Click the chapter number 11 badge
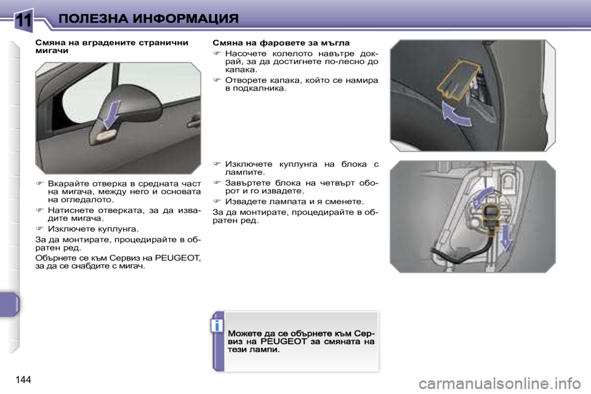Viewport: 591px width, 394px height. click(23, 19)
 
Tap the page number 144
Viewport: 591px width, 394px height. click(21, 377)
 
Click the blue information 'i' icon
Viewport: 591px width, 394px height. click(217, 325)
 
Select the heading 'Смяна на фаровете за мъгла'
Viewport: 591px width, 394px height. click(281, 43)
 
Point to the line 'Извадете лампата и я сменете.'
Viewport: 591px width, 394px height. click(294, 201)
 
